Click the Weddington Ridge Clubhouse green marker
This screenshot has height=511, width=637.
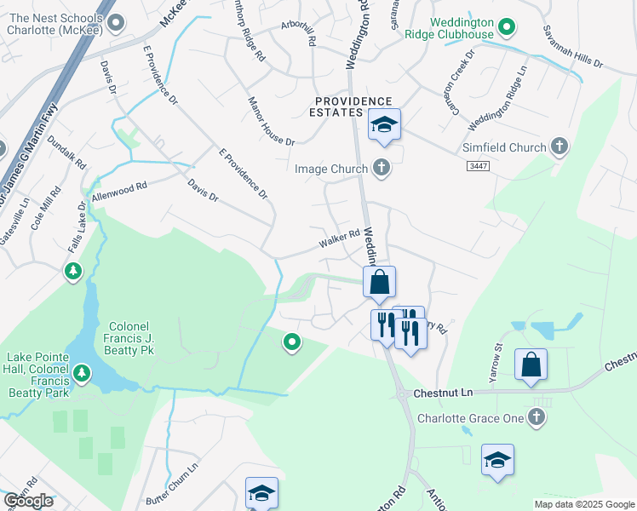click(x=507, y=28)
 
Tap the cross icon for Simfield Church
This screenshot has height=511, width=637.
click(x=559, y=147)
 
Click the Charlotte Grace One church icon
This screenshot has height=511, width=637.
click(x=536, y=418)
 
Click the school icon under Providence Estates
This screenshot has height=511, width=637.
click(x=384, y=126)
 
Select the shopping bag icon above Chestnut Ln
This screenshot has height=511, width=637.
click(x=531, y=365)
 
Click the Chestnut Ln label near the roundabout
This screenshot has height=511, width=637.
click(x=442, y=393)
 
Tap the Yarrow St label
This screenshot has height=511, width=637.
click(x=499, y=355)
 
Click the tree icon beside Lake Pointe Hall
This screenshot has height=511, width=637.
click(x=82, y=373)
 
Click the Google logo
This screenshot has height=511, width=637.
click(x=28, y=501)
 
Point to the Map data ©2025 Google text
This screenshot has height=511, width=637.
click(x=583, y=504)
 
